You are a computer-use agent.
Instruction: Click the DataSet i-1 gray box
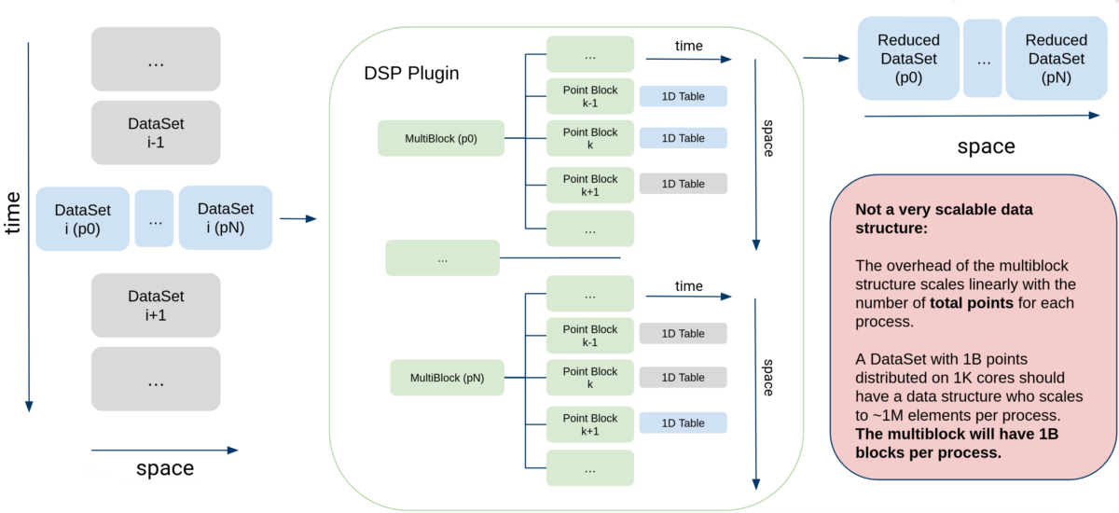pyautogui.click(x=156, y=132)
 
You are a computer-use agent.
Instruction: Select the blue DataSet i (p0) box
pyautogui.click(x=82, y=218)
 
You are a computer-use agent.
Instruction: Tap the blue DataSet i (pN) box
pyautogui.click(x=225, y=217)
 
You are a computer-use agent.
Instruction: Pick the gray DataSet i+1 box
pyautogui.click(x=156, y=305)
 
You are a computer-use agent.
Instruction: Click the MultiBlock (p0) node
pyautogui.click(x=440, y=138)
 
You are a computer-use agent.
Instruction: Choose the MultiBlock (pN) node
pyautogui.click(x=447, y=378)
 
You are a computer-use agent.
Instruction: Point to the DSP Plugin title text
pyautogui.click(x=411, y=73)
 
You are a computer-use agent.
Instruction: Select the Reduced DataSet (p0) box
pyautogui.click(x=908, y=58)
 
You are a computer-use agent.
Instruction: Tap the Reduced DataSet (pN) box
pyautogui.click(x=1056, y=58)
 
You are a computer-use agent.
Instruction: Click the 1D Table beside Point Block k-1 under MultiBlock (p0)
pyautogui.click(x=683, y=95)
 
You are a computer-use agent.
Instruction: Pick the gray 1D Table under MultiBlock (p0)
pyautogui.click(x=683, y=184)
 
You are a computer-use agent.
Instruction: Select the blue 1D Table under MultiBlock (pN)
pyautogui.click(x=683, y=423)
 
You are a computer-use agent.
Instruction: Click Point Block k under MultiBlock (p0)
pyautogui.click(x=589, y=138)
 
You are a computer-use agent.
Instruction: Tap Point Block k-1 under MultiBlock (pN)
pyautogui.click(x=589, y=335)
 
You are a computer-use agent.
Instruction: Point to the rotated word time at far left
pyautogui.click(x=13, y=214)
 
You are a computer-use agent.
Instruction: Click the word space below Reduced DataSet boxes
pyautogui.click(x=986, y=146)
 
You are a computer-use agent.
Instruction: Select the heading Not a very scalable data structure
pyautogui.click(x=944, y=218)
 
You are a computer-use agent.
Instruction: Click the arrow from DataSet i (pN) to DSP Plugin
pyautogui.click(x=297, y=219)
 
